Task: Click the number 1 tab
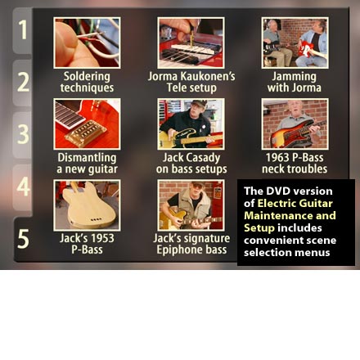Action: tap(23, 30)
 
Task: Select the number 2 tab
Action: tap(23, 83)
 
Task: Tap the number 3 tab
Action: tap(23, 135)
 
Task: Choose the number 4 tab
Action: tap(23, 187)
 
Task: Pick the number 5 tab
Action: tap(23, 239)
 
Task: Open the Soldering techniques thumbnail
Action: tap(87, 43)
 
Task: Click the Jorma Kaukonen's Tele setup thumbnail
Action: tap(191, 43)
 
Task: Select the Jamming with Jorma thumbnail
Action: tap(295, 43)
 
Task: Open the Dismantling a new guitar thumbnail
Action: tap(87, 124)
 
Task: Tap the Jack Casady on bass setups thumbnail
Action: tap(191, 124)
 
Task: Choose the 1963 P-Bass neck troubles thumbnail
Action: tap(295, 124)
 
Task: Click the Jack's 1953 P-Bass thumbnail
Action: tap(87, 205)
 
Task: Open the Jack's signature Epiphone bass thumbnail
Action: tap(191, 205)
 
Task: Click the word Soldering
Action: tap(87, 77)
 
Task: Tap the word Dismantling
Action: tap(87, 158)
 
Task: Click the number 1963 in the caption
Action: tap(277, 158)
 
